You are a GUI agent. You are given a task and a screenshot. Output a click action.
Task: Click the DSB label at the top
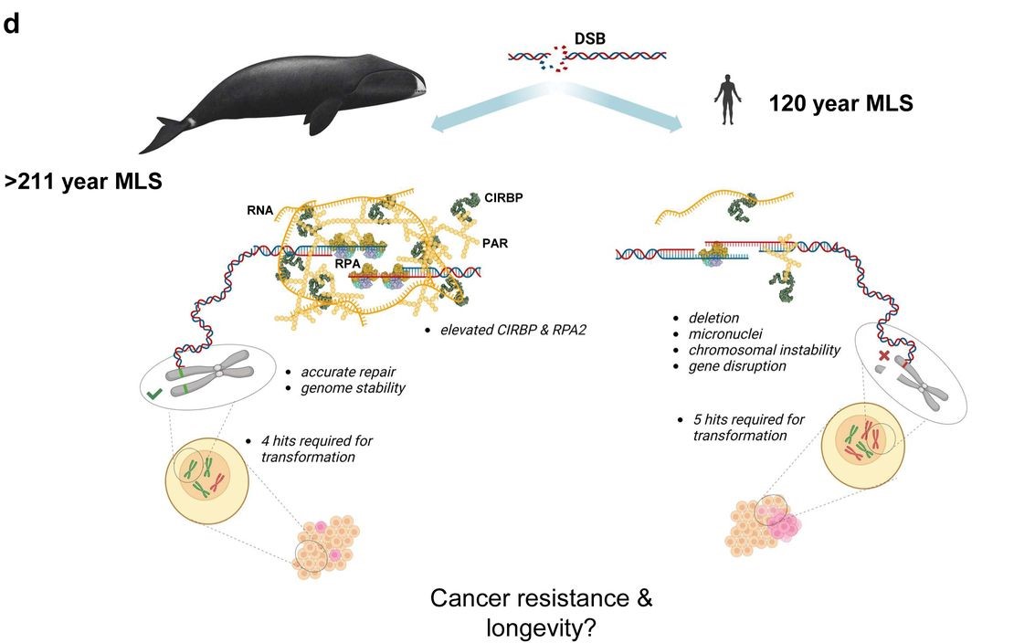(x=589, y=38)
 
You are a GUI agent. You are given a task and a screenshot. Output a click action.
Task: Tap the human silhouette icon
(x=727, y=100)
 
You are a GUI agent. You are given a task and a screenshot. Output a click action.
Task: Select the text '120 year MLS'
(x=840, y=103)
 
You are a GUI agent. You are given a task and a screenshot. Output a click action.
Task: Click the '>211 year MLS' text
(x=83, y=182)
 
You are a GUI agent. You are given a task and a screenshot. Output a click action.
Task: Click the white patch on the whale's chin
(x=419, y=86)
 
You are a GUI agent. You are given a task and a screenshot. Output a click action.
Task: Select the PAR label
(x=495, y=244)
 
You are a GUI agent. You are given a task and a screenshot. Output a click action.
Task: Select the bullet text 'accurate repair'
(x=349, y=372)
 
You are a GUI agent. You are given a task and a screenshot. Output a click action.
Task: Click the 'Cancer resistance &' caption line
(x=542, y=599)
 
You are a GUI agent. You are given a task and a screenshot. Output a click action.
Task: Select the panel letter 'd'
(x=12, y=25)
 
